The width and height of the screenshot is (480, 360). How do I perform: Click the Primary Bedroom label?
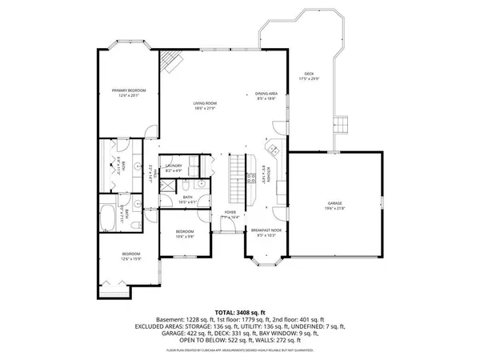[x=126, y=94]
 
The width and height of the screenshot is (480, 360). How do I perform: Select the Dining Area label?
[x=267, y=95]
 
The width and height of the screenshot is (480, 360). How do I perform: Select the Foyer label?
[x=231, y=215]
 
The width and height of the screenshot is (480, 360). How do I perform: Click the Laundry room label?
[x=174, y=169]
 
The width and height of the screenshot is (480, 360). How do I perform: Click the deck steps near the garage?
[x=342, y=125]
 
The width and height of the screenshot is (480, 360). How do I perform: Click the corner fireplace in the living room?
[x=170, y=61]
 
